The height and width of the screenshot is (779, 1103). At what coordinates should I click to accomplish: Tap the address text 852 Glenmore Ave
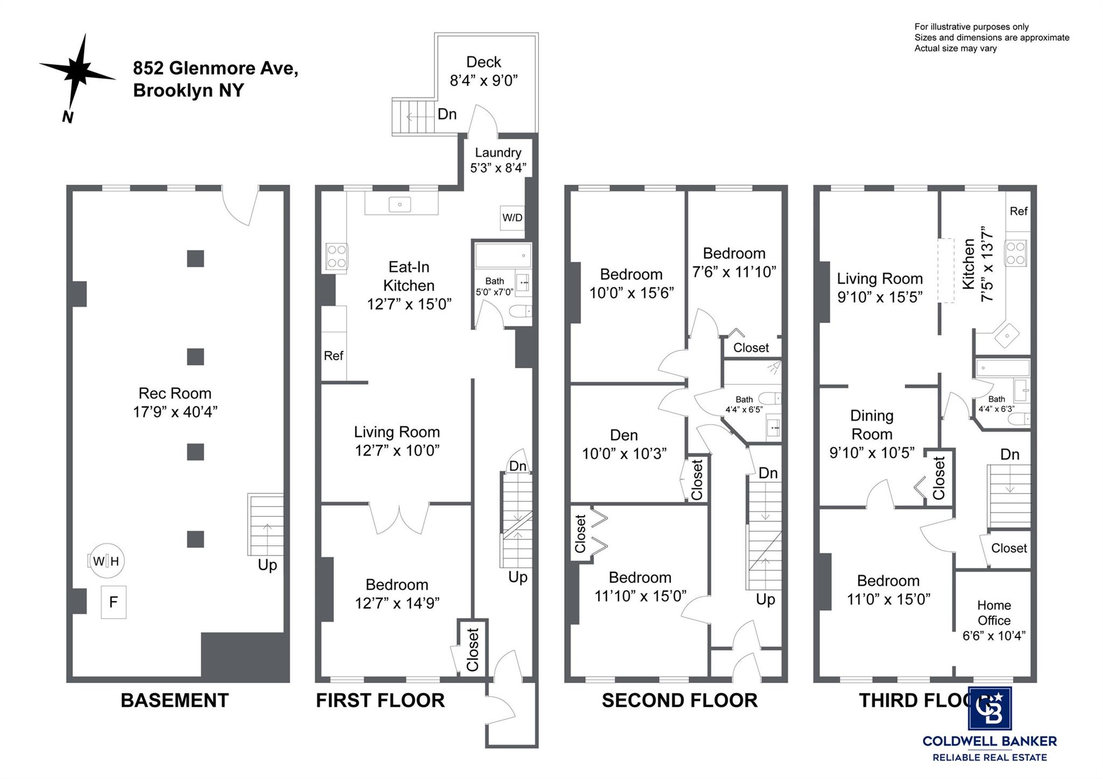[x=215, y=68]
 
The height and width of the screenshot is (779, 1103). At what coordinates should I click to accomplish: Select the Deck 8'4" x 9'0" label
[x=483, y=71]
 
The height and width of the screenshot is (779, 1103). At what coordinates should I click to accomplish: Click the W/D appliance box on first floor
[x=512, y=217]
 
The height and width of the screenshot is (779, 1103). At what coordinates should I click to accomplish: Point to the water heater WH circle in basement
[x=107, y=561]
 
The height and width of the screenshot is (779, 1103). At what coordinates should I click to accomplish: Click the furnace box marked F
[x=114, y=602]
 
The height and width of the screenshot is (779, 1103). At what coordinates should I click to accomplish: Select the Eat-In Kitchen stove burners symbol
[x=337, y=256]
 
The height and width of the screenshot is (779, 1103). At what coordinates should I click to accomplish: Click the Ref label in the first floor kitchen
[x=333, y=355]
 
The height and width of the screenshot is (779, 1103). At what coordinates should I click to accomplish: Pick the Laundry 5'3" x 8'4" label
[x=498, y=160]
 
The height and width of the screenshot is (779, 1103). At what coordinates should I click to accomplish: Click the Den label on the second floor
[x=624, y=435]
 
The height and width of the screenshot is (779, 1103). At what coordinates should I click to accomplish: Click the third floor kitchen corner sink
[x=1006, y=336]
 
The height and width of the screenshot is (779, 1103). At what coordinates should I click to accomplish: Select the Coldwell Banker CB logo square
[x=989, y=709]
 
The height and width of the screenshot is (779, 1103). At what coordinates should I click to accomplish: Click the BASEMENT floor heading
[x=174, y=700]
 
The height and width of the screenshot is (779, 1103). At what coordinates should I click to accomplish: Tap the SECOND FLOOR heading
[x=679, y=700]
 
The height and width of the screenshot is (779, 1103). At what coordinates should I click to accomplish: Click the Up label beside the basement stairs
[x=267, y=565]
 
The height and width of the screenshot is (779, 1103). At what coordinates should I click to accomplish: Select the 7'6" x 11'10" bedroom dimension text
[x=734, y=272]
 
